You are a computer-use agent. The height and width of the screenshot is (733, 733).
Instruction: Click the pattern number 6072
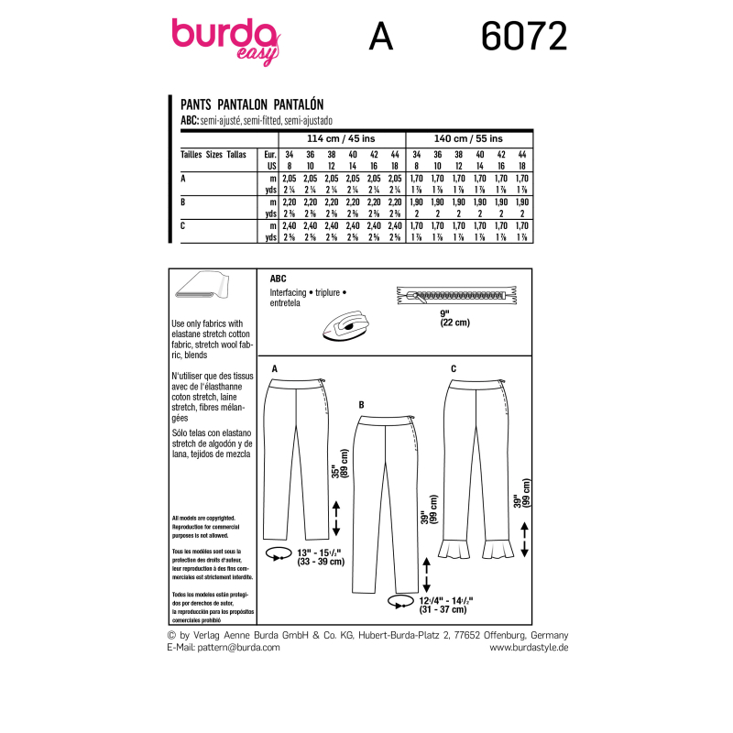tap(523, 37)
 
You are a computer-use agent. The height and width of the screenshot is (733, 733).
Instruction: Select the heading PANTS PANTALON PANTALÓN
tap(252, 105)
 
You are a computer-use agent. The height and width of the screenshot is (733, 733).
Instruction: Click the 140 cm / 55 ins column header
tap(468, 137)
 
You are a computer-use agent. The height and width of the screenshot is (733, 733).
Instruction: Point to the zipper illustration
tap(454, 296)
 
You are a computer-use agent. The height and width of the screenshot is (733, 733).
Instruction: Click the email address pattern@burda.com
tap(224, 646)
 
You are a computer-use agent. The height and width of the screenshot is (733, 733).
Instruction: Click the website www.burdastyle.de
tap(530, 646)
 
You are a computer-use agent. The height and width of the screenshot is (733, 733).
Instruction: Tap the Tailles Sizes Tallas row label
tap(213, 155)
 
